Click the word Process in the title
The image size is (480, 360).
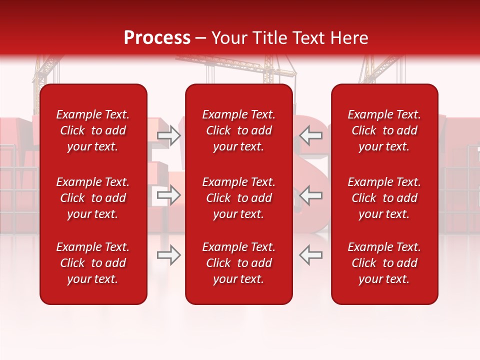click(x=157, y=38)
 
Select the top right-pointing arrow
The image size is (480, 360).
click(x=168, y=135)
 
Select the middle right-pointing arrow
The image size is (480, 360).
click(x=168, y=195)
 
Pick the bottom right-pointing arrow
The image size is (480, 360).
click(x=168, y=255)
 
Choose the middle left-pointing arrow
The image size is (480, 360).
click(x=311, y=195)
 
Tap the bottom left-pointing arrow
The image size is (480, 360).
click(x=311, y=255)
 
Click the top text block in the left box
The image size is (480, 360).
click(x=93, y=130)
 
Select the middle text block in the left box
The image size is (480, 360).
click(x=93, y=198)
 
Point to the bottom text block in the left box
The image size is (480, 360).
click(x=93, y=263)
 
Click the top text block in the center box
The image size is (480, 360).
click(x=239, y=130)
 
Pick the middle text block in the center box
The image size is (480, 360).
click(x=239, y=198)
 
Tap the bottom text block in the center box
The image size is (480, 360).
click(x=239, y=263)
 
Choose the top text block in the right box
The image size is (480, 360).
click(x=384, y=130)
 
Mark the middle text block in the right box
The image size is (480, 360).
click(x=384, y=198)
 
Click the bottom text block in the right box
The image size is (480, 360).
click(x=384, y=263)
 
